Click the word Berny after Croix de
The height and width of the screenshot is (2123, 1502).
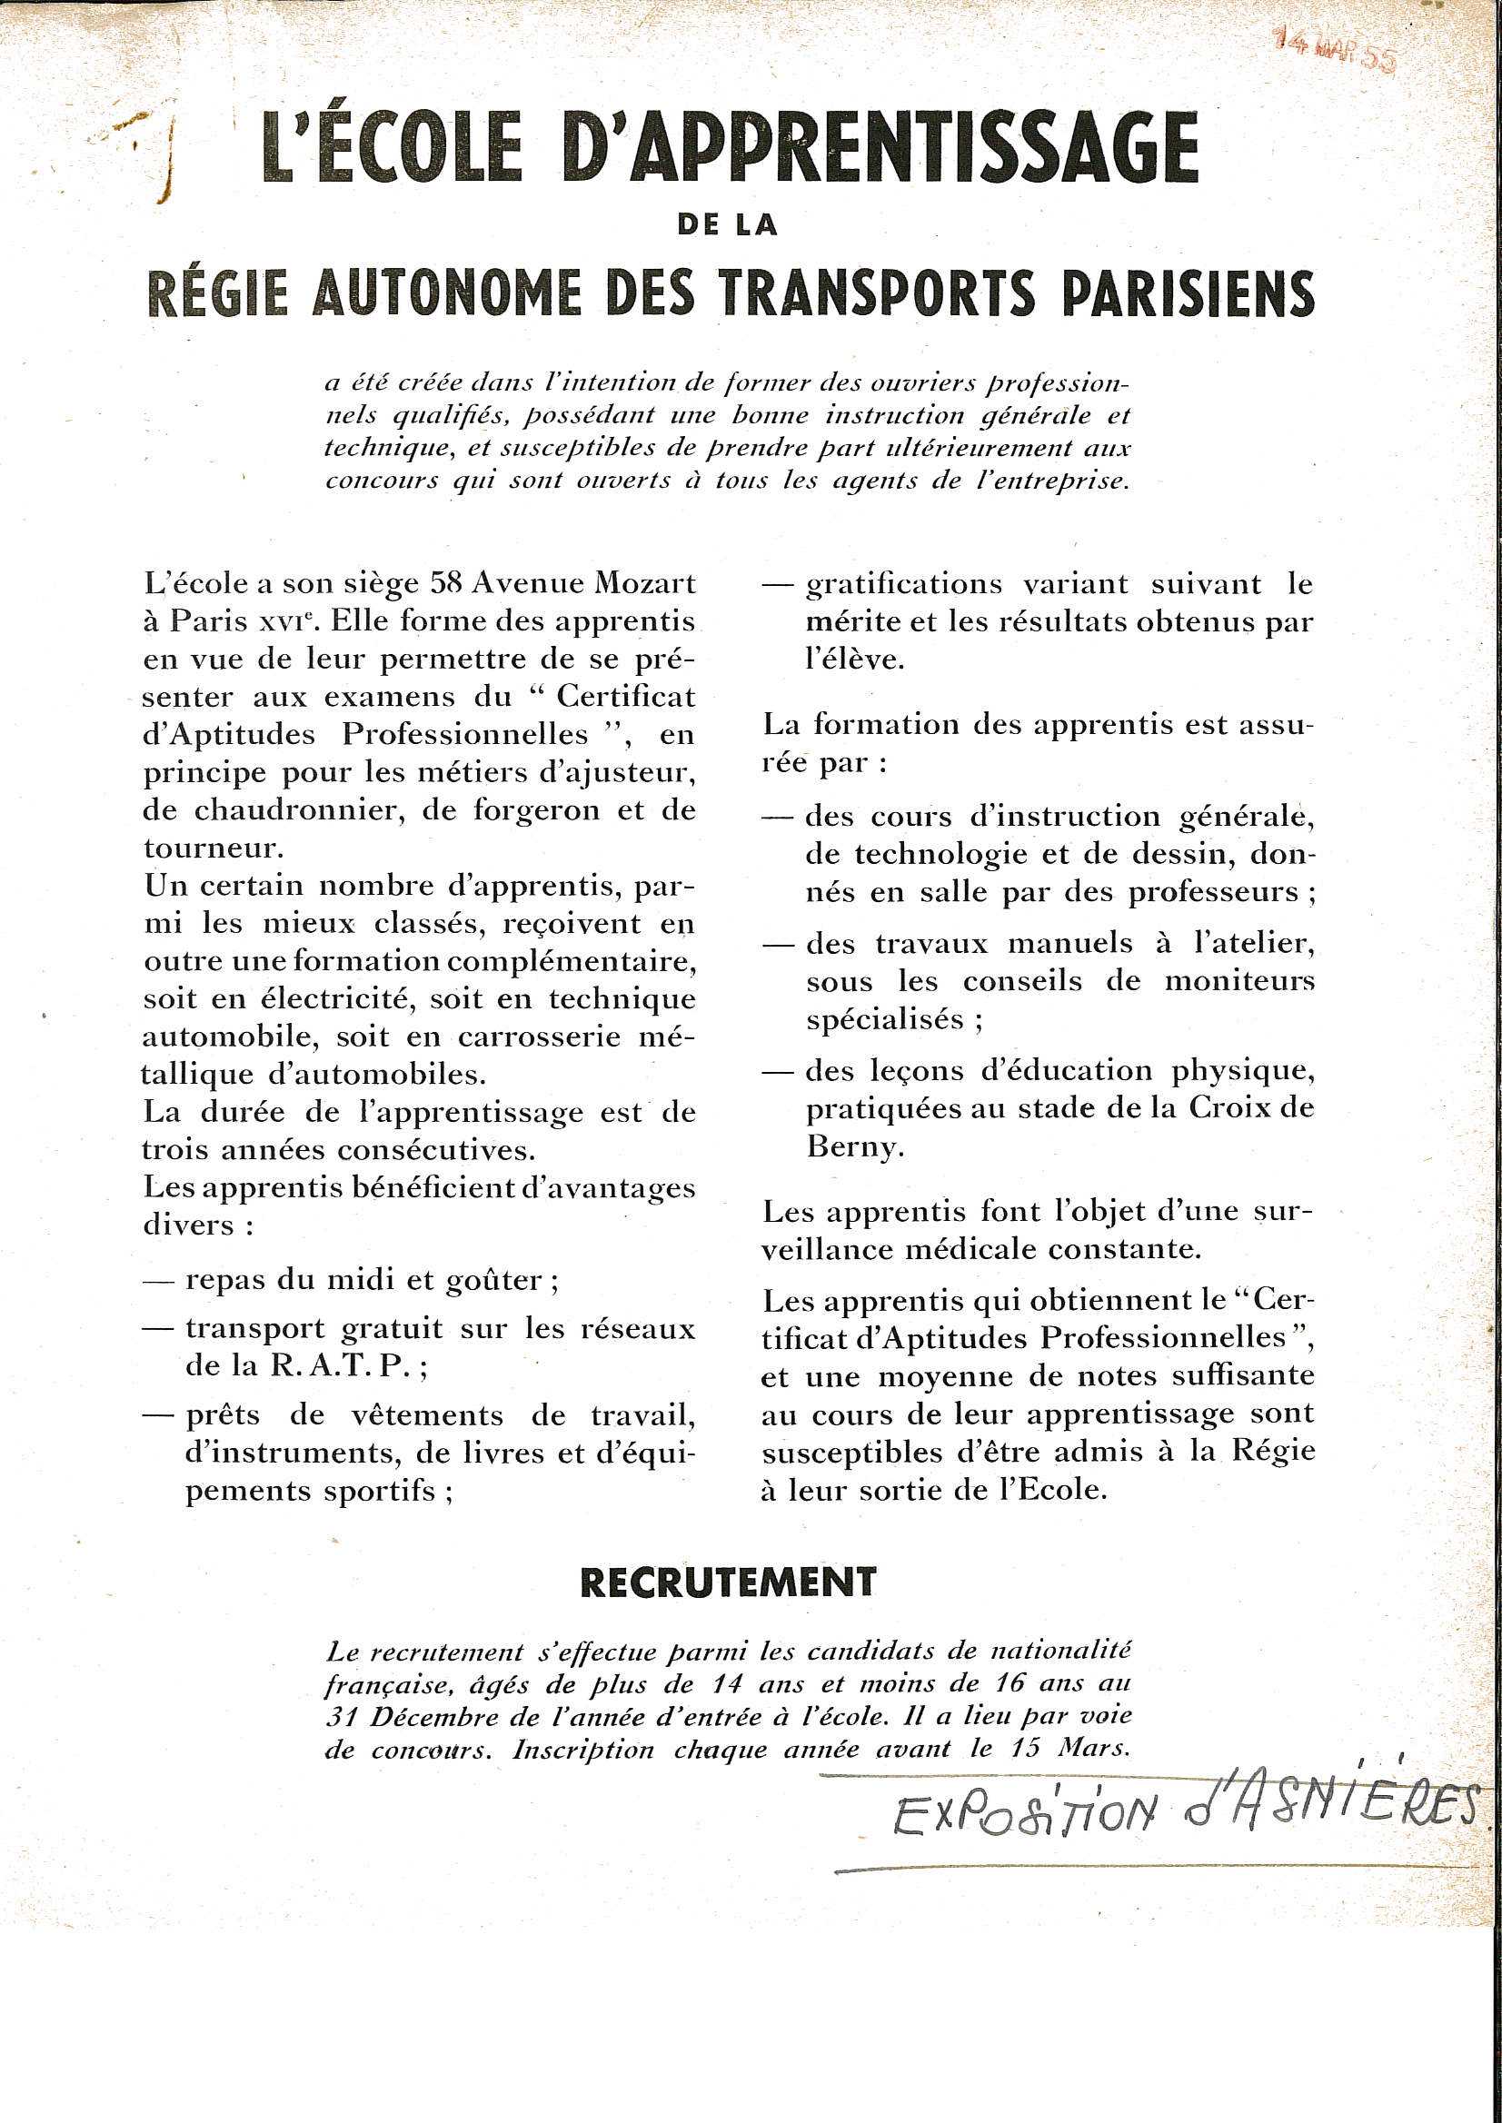pyautogui.click(x=850, y=1146)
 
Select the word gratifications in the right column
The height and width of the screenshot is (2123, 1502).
pyautogui.click(x=903, y=584)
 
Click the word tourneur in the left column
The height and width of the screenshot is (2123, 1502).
pyautogui.click(x=208, y=848)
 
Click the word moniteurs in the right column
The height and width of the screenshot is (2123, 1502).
pyautogui.click(x=1238, y=982)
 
